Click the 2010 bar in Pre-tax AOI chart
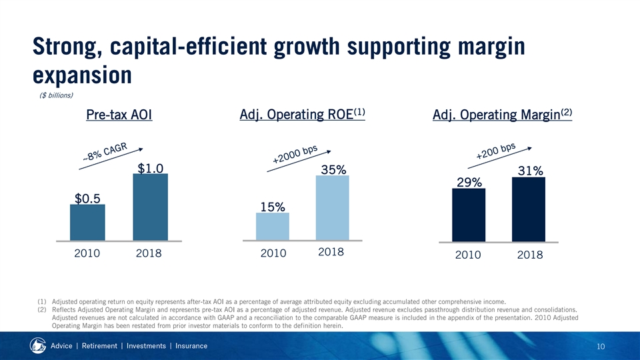[x=87, y=222]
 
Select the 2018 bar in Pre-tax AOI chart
[x=150, y=207]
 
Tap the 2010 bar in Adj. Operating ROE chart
[x=272, y=226]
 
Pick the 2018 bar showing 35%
[x=332, y=207]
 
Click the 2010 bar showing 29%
[x=468, y=215]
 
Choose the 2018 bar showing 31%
[x=528, y=209]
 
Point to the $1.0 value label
[x=151, y=169]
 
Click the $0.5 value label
[x=88, y=198]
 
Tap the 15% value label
[x=273, y=207]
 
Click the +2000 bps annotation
[x=295, y=155]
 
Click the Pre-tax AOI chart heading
[x=119, y=116]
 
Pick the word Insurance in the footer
[x=187, y=345]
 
